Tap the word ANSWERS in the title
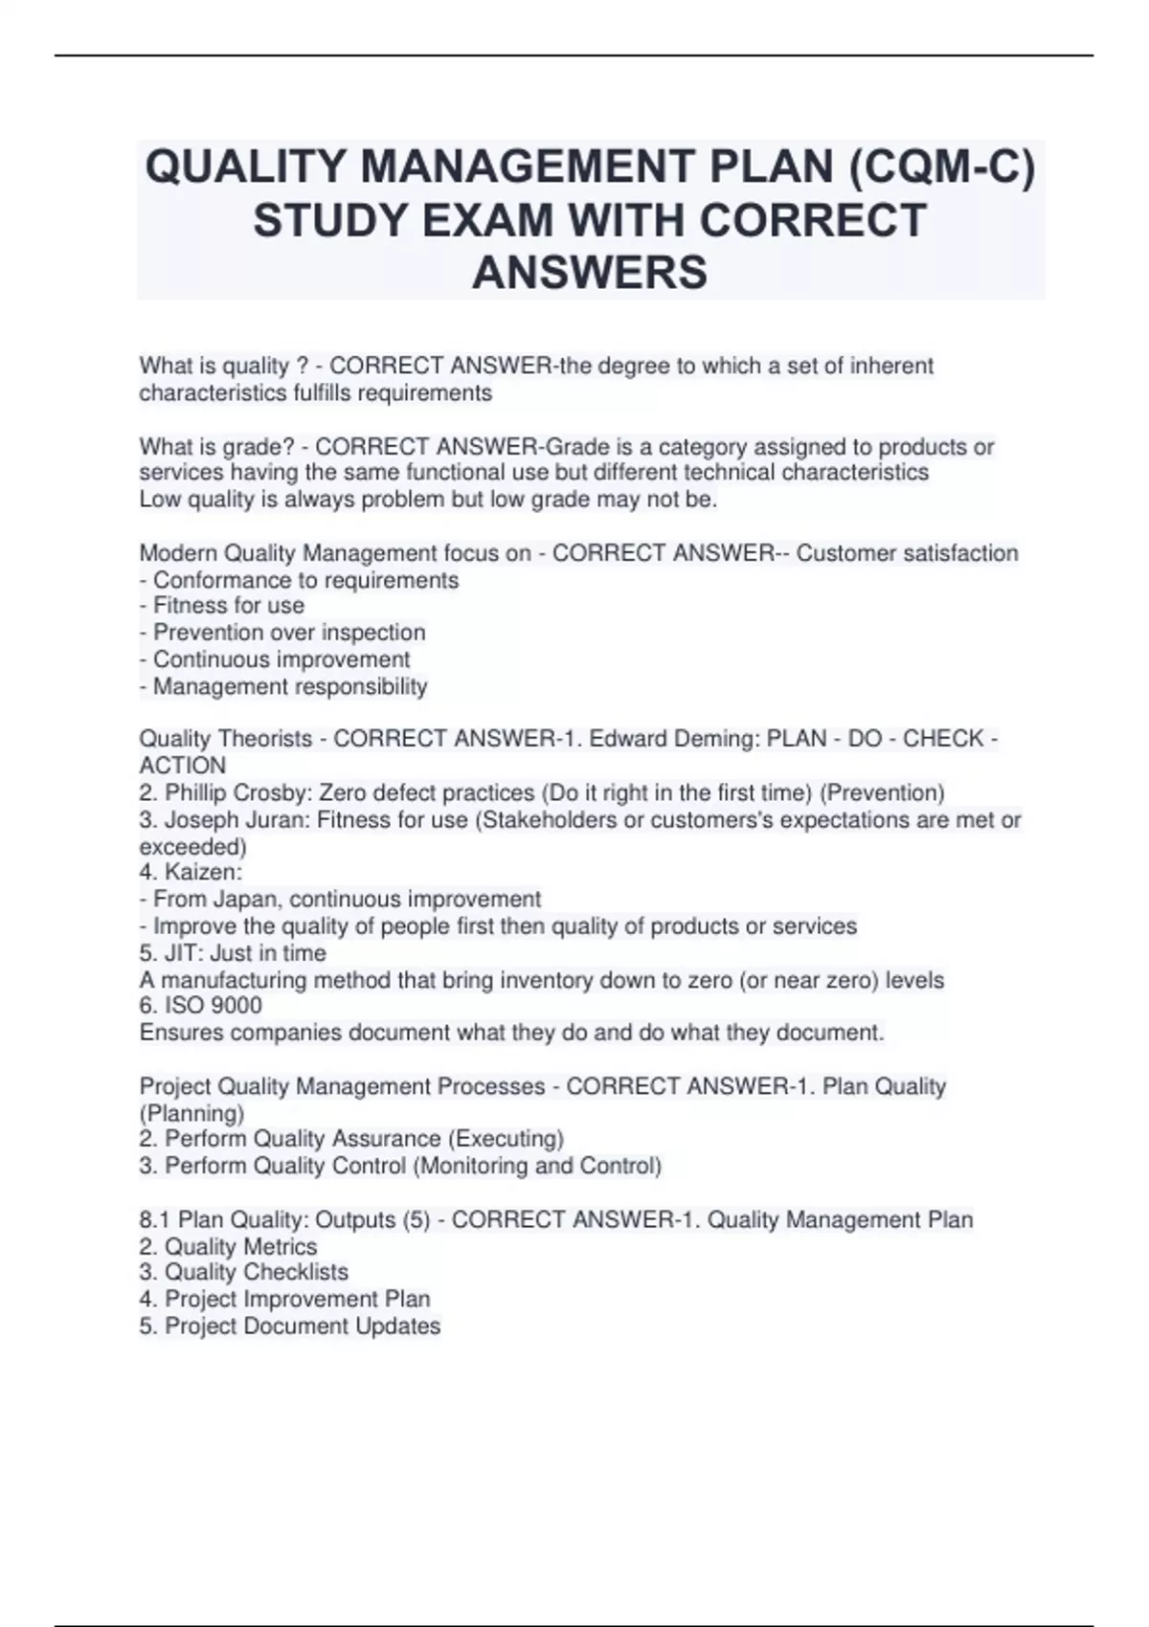[590, 273]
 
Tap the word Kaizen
[203, 872]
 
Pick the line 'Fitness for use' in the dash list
[228, 606]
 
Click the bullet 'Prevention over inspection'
[288, 633]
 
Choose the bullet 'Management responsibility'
[289, 687]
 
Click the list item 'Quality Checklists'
[257, 1272]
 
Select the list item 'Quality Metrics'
[240, 1246]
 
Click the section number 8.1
[155, 1220]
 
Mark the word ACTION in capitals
[183, 766]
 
